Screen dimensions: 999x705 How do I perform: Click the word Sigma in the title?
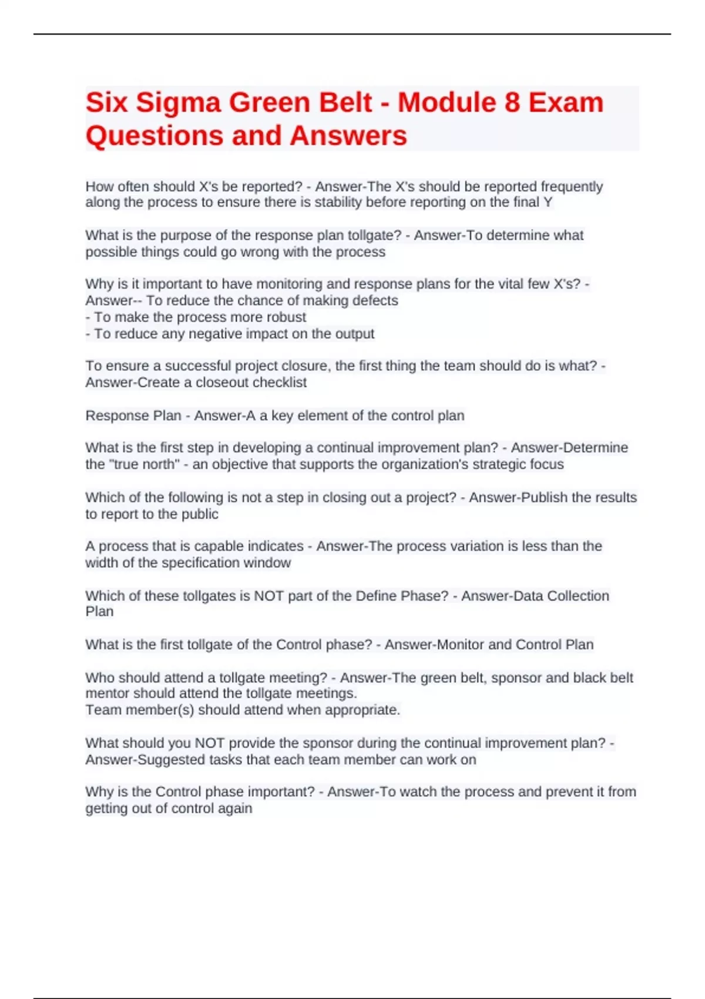tap(178, 103)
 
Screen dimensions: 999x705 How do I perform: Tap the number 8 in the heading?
tap(512, 103)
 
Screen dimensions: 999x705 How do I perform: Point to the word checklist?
tap(278, 383)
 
